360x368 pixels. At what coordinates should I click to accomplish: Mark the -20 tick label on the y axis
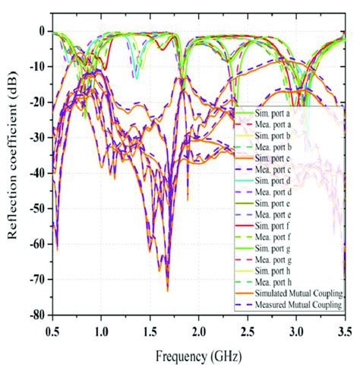coord(35,102)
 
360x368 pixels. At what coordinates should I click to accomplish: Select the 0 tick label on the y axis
coord(39,31)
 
